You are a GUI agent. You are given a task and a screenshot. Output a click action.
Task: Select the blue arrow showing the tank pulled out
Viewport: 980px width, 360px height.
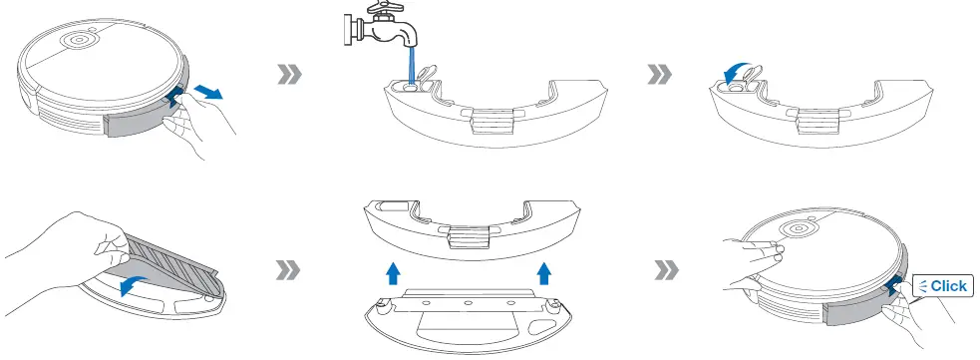pyautogui.click(x=207, y=92)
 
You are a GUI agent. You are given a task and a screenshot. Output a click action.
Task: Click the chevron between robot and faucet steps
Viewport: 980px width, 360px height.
pyautogui.click(x=287, y=75)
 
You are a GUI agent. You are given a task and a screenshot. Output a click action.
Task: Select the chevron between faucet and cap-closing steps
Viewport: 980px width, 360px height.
pyautogui.click(x=659, y=75)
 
